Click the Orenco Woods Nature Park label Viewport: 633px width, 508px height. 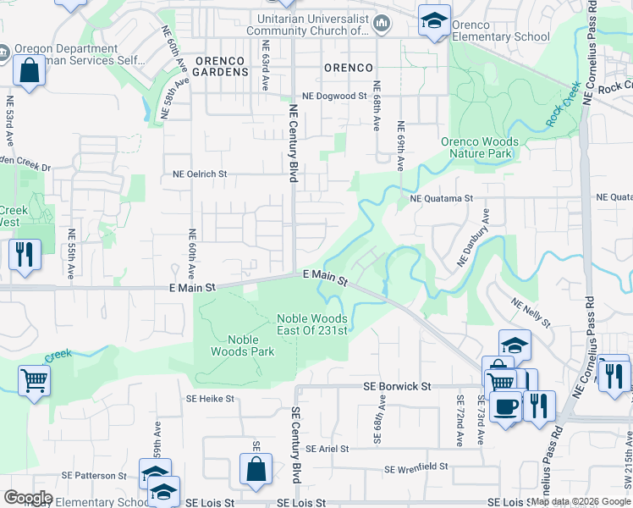coord(476,148)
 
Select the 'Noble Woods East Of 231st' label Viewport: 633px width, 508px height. coord(312,324)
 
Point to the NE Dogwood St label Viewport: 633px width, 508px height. coord(330,97)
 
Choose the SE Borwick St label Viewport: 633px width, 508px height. coord(397,386)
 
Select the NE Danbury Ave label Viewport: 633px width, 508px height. coord(474,239)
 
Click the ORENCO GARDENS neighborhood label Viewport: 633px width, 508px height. coord(220,67)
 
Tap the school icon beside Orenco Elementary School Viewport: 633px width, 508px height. coord(435,20)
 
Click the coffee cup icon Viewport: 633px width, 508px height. coord(506,406)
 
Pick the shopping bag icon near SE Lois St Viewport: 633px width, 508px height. coord(255,470)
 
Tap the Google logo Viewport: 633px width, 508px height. coord(27,498)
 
